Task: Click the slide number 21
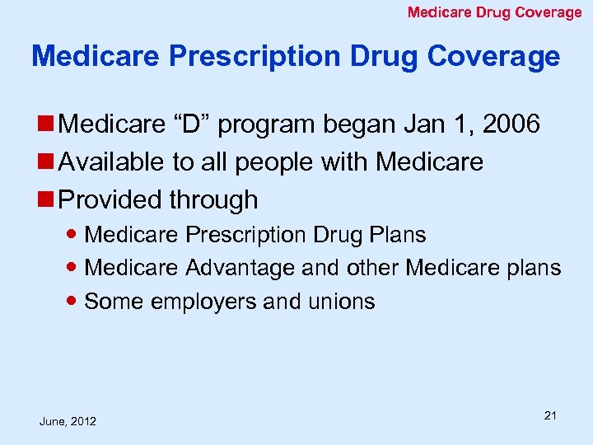[x=550, y=415]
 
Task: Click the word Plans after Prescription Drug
[x=396, y=235]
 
